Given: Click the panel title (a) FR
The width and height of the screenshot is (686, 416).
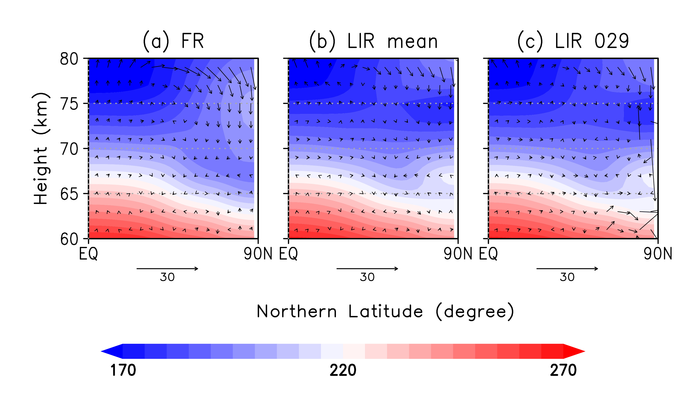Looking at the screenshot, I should coord(173,41).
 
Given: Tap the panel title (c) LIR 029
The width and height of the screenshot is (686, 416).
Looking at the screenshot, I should coord(573,41).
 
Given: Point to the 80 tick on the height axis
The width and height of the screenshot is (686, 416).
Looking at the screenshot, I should coord(69,59).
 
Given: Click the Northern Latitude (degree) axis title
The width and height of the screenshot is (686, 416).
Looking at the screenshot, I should coord(385,312).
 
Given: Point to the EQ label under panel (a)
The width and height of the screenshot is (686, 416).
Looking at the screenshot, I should coord(89,254).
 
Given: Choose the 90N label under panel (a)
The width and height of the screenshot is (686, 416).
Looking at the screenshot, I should coord(258,254).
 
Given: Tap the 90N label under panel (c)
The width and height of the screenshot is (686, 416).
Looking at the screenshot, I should coord(658,254).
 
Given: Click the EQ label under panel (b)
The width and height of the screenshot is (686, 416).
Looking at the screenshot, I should coord(289,254).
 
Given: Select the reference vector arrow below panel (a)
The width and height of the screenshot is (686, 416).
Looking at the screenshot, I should coord(167,269).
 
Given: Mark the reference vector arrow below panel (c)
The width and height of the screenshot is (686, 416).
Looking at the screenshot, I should coord(567,269).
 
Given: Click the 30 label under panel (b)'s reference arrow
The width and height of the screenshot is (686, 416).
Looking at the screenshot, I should coord(367,277).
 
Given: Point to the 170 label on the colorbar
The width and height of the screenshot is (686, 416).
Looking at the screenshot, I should coord(123,370).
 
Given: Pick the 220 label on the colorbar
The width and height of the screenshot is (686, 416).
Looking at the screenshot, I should coord(343,370).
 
